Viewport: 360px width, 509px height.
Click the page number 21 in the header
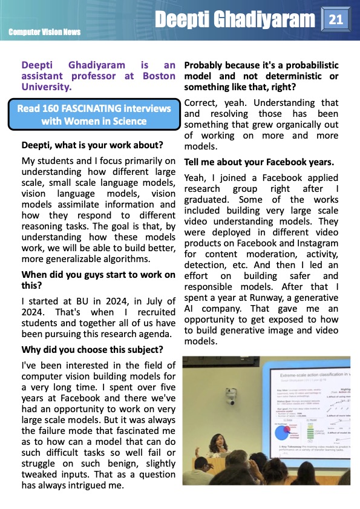(335, 20)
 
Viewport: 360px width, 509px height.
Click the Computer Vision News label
(45, 31)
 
